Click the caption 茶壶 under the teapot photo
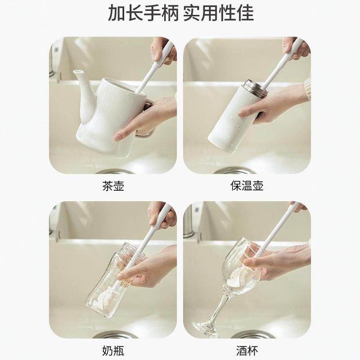tap(113, 186)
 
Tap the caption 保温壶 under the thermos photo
tap(247, 186)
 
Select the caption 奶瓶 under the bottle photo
tap(113, 350)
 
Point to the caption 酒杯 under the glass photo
tap(247, 350)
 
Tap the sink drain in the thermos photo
tap(234, 171)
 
